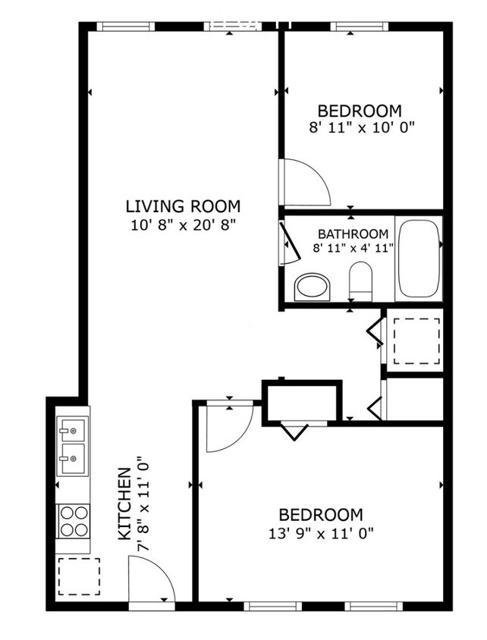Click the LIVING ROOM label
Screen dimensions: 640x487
[x=182, y=205]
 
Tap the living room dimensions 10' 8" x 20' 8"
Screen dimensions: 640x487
[x=182, y=224]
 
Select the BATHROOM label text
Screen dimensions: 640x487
[x=353, y=234]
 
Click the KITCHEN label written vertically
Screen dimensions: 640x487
[x=126, y=504]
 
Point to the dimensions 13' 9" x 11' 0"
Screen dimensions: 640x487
[x=319, y=533]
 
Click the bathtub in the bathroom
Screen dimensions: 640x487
[x=418, y=259]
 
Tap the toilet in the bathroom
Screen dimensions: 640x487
[x=360, y=281]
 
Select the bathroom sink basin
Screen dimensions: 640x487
[x=312, y=287]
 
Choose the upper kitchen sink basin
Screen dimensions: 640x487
[x=73, y=432]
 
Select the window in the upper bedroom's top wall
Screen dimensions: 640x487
[x=359, y=27]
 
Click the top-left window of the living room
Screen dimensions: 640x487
[x=125, y=27]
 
